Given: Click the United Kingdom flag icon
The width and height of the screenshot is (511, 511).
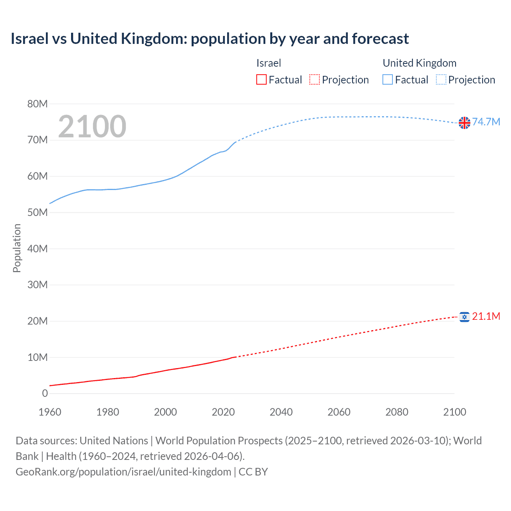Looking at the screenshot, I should point(464,123).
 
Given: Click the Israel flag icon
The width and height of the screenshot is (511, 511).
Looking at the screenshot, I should point(464,317).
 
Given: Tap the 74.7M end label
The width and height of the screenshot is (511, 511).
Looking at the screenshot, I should point(486,122).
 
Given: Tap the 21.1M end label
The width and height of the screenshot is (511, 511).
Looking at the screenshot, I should point(486,316).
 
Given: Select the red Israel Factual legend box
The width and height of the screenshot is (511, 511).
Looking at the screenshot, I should point(261,80).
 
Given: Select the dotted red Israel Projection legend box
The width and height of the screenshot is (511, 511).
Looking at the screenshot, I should point(315,80).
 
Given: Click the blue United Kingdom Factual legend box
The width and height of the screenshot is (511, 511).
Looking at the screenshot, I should point(388,80).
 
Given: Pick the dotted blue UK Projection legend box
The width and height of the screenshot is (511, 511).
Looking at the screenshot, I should point(441,80).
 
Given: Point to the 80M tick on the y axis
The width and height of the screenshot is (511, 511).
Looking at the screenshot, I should point(38,104).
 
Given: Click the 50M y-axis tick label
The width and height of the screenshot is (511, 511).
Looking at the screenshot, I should point(38,212).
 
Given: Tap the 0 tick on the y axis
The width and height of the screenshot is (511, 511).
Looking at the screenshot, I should point(45,394).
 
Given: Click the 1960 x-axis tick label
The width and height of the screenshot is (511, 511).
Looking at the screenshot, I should point(50,412).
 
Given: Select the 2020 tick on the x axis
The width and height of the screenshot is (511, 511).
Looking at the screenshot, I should point(223,412).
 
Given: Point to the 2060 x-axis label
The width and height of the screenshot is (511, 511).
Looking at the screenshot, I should point(339,412).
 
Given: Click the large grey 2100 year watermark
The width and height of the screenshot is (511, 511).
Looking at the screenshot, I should point(92,127).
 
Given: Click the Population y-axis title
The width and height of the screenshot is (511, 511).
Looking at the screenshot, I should point(17,248).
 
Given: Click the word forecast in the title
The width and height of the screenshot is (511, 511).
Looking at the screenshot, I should point(380,39).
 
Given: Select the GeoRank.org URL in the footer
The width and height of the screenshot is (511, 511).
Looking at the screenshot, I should point(123,472).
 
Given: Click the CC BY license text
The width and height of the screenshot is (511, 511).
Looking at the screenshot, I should point(253,472).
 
